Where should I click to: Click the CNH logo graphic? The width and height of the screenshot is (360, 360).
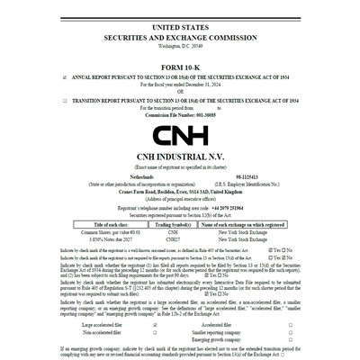tap(180, 136)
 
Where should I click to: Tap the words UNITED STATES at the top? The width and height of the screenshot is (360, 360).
tap(180, 29)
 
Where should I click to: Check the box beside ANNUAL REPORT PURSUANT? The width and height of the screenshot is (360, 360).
tap(64, 78)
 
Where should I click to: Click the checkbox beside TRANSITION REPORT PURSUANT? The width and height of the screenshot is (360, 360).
tap(64, 101)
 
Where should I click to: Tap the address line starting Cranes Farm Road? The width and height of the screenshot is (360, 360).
tap(180, 191)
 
